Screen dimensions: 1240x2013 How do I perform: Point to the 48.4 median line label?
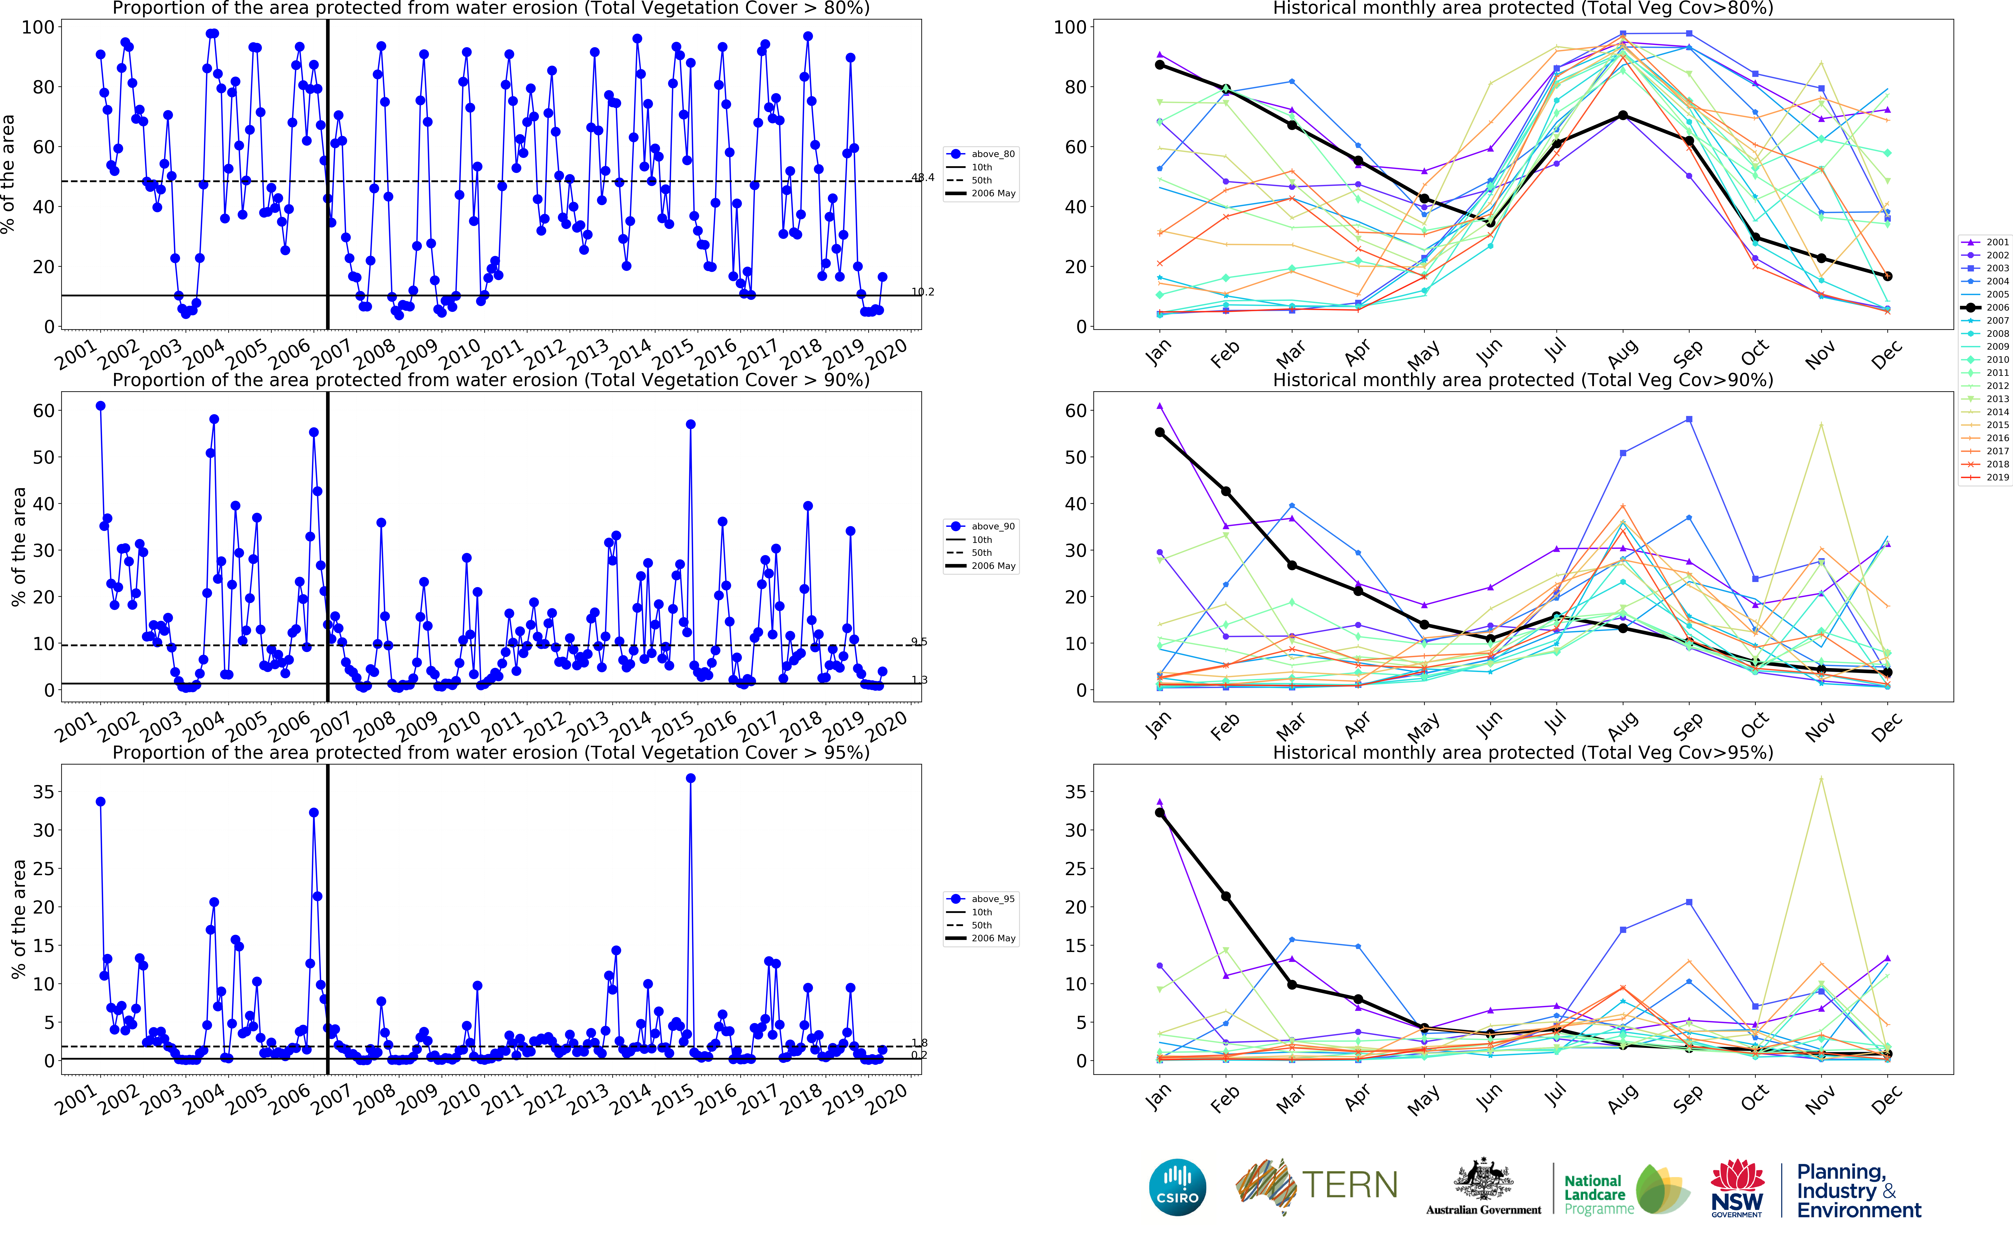[x=923, y=177]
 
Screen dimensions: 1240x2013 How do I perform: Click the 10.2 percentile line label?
[x=923, y=292]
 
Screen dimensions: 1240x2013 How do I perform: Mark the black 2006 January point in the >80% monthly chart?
[x=1160, y=65]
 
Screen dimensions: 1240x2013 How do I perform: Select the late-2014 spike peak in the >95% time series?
[x=690, y=778]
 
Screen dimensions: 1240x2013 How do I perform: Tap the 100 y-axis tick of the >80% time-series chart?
[x=38, y=27]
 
